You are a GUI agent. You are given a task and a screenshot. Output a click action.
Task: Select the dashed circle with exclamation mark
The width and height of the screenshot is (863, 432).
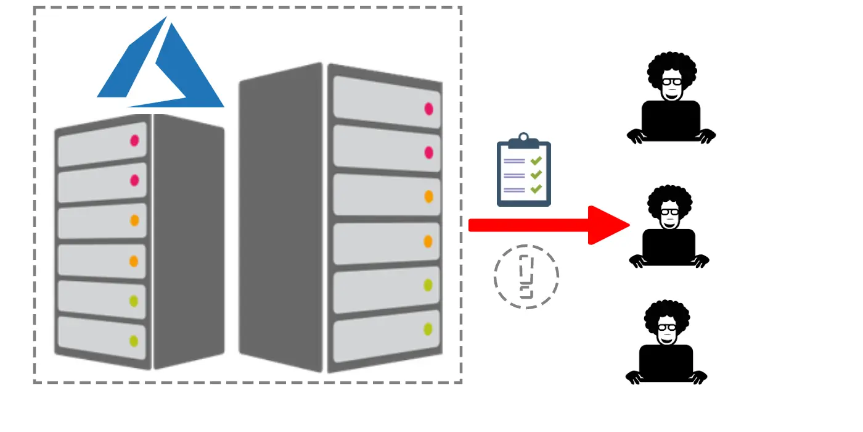pyautogui.click(x=526, y=276)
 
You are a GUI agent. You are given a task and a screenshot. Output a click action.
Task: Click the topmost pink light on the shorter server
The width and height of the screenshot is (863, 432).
pyautogui.click(x=134, y=140)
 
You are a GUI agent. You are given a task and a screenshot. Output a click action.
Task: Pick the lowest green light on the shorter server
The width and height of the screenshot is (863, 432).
pyautogui.click(x=134, y=340)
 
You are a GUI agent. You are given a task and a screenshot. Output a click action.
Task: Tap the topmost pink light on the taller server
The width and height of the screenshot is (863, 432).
pyautogui.click(x=429, y=109)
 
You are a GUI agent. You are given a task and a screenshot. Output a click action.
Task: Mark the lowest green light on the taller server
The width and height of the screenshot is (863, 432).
pyautogui.click(x=428, y=329)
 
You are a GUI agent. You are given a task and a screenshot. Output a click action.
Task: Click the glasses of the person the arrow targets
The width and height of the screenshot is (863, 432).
pyautogui.click(x=669, y=212)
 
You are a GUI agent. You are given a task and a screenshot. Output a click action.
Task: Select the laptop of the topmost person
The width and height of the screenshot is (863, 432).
pyautogui.click(x=671, y=119)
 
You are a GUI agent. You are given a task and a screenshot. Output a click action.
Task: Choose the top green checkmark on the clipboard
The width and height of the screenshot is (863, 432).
pyautogui.click(x=536, y=160)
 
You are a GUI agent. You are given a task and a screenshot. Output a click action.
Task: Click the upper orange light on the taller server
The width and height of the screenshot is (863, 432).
pyautogui.click(x=429, y=196)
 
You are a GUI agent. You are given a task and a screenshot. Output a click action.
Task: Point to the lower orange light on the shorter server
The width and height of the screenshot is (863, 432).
pyautogui.click(x=134, y=261)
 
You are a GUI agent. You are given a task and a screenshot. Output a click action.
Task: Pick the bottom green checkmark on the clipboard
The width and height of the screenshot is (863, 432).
pyautogui.click(x=536, y=189)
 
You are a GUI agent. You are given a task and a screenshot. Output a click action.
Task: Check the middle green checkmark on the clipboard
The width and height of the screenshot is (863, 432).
pyautogui.click(x=536, y=175)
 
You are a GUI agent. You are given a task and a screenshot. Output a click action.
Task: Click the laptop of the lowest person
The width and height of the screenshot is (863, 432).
pyautogui.click(x=666, y=363)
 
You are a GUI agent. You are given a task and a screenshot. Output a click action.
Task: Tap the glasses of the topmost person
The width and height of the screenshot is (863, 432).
pyautogui.click(x=672, y=81)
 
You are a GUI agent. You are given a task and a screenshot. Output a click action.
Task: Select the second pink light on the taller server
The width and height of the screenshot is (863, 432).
pyautogui.click(x=429, y=152)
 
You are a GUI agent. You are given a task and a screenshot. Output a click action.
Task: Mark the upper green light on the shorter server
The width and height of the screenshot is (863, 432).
pyautogui.click(x=134, y=301)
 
